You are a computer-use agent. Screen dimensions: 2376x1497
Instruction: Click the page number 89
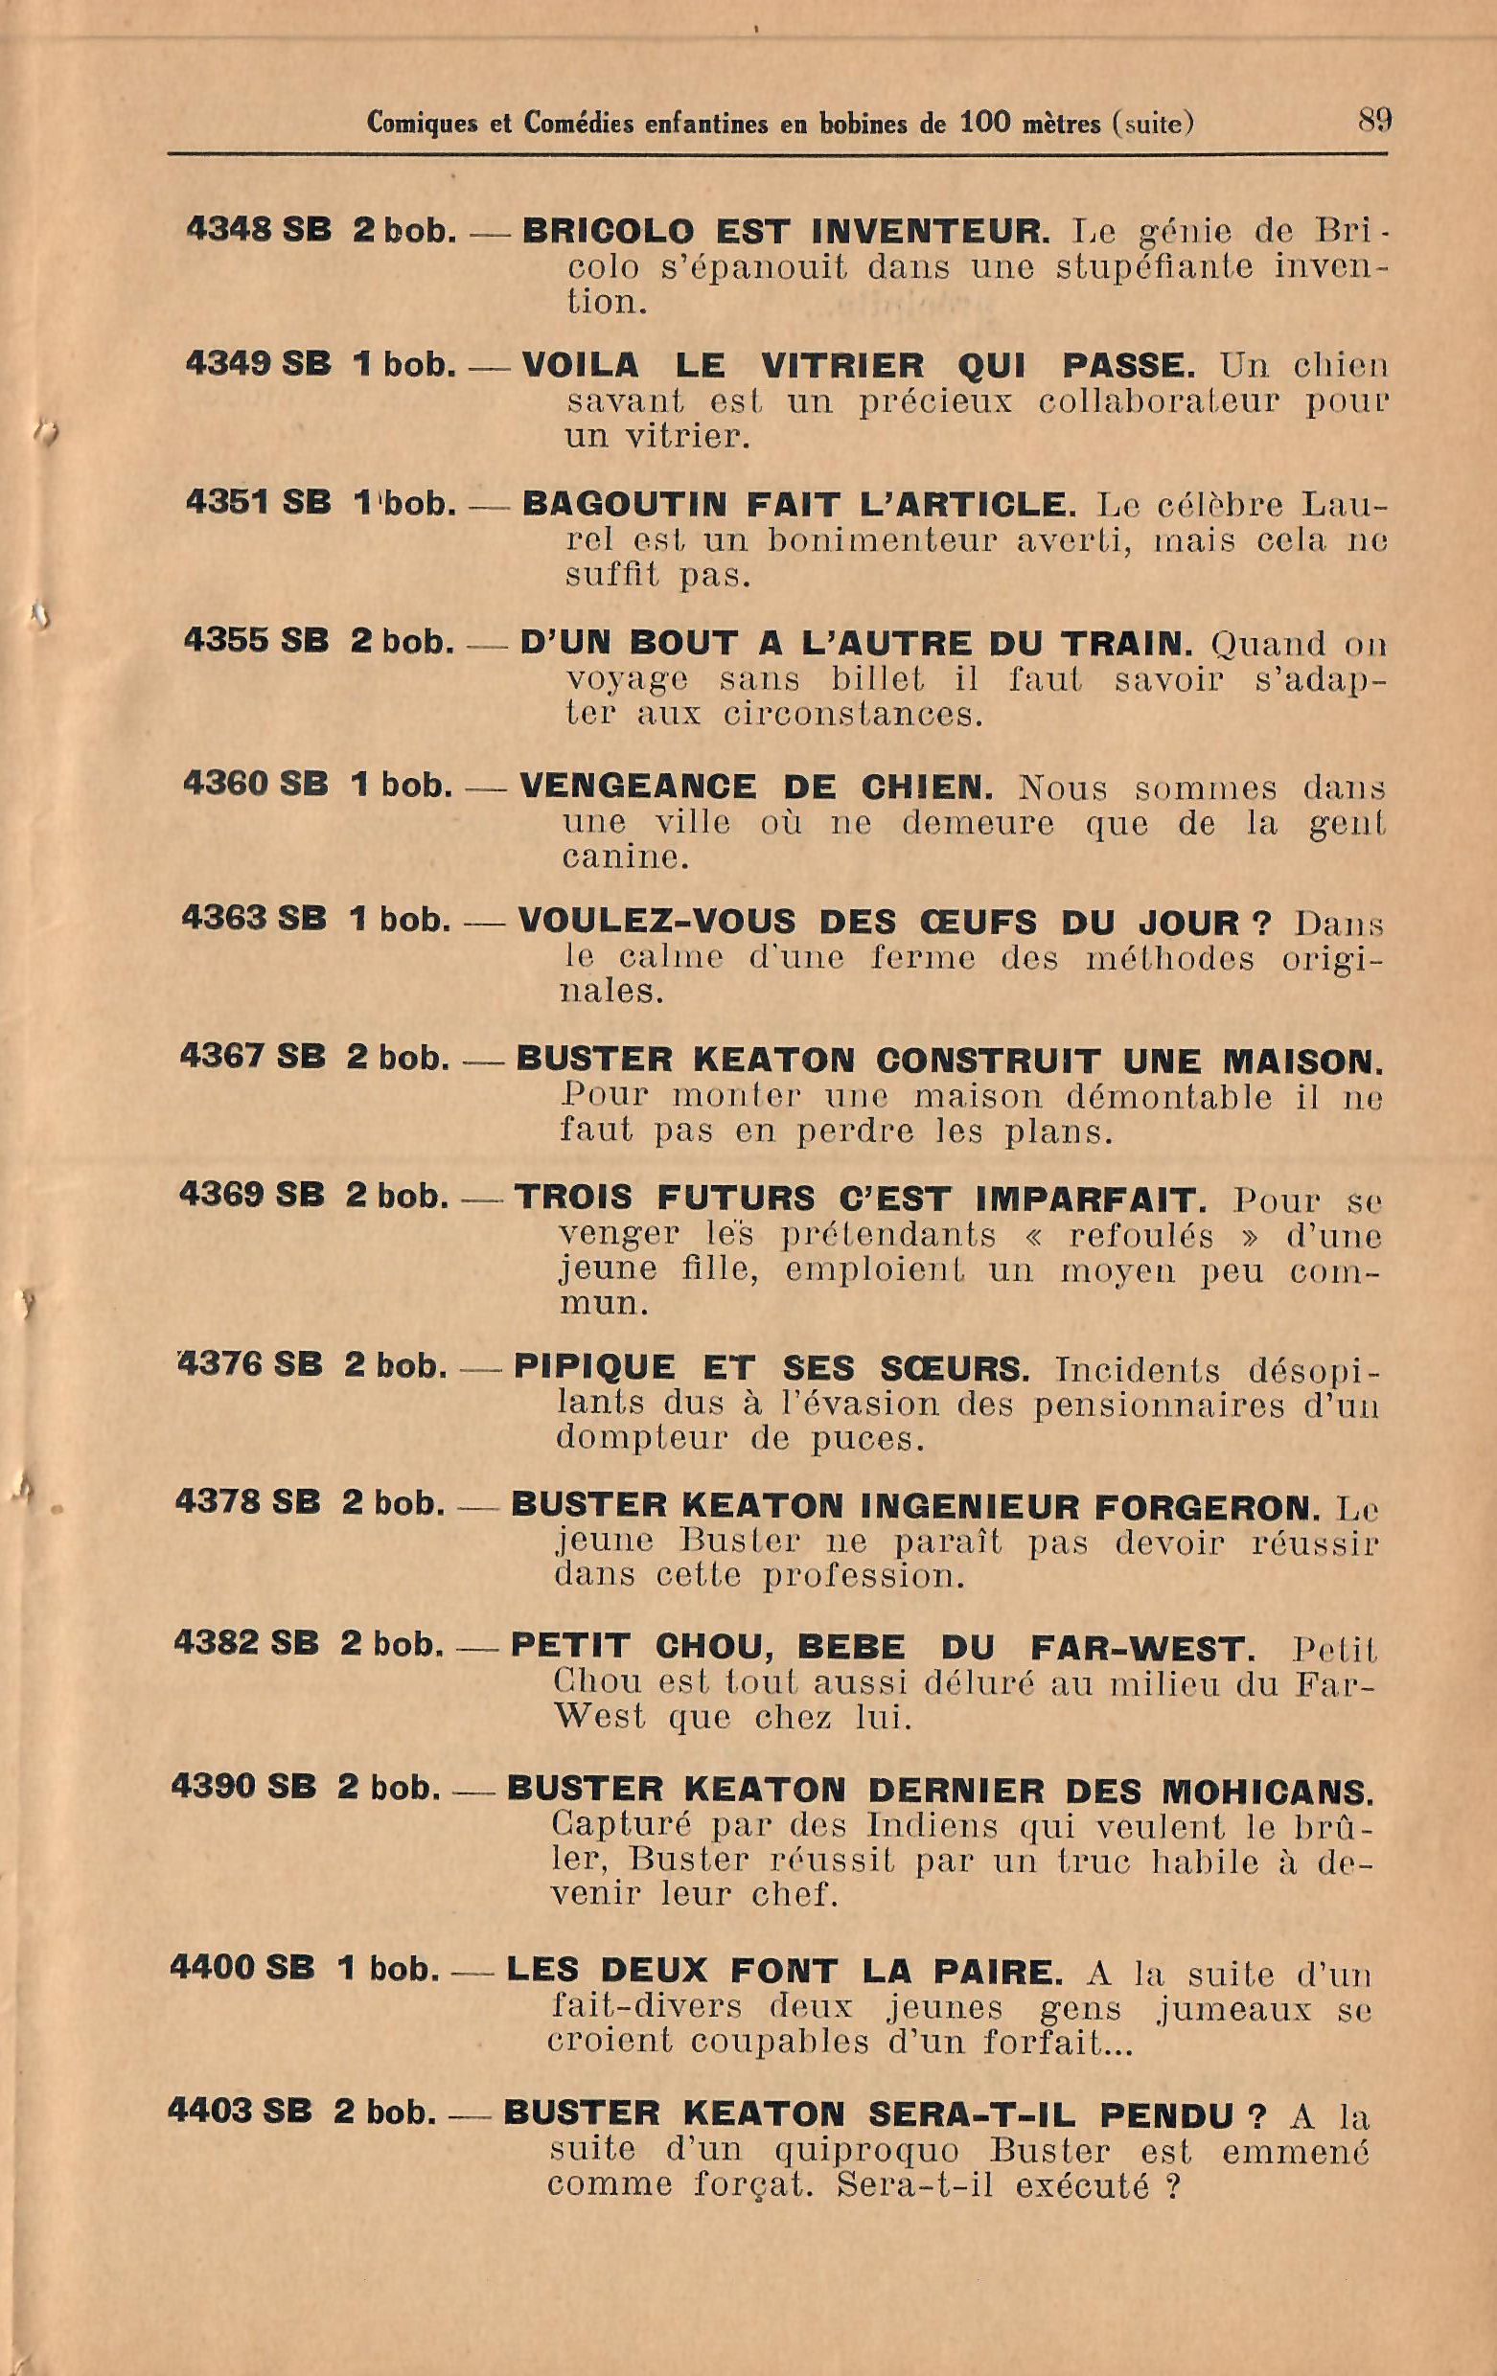(1373, 121)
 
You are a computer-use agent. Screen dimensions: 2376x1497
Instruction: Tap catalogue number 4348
(228, 230)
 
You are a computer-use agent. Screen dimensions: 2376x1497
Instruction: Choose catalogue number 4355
(226, 641)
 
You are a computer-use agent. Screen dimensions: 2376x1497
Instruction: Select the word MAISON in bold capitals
(1301, 1061)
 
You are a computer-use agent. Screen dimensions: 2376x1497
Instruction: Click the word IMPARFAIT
(1092, 1198)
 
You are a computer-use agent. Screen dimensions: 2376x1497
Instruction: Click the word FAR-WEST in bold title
(1140, 1646)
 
